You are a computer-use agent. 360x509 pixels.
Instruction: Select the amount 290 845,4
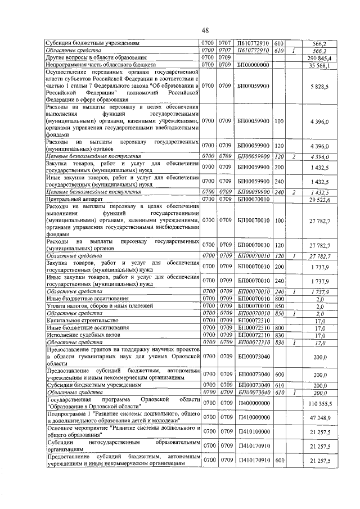(x=319, y=57)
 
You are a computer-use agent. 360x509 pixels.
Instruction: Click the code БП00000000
(x=253, y=65)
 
